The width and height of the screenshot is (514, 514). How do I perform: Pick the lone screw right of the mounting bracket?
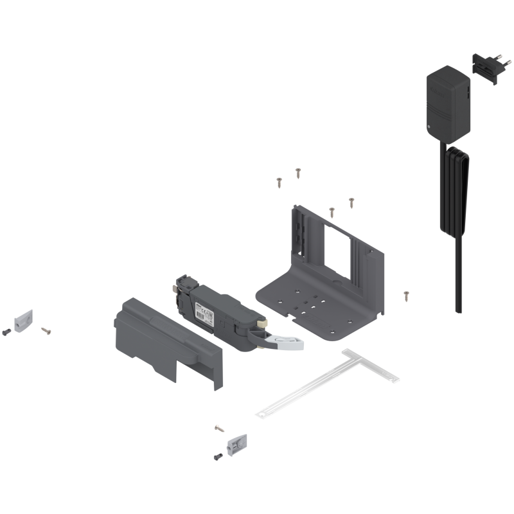coord(405,295)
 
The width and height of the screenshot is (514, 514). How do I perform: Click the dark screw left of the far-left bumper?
coord(6,332)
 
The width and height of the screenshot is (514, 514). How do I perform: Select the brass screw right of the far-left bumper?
coord(45,330)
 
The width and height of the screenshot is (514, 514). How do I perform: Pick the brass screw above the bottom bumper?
coord(220,427)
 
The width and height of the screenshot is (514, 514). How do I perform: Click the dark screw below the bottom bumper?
coord(217,456)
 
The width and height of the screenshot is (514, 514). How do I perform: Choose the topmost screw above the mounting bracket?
coord(298,172)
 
